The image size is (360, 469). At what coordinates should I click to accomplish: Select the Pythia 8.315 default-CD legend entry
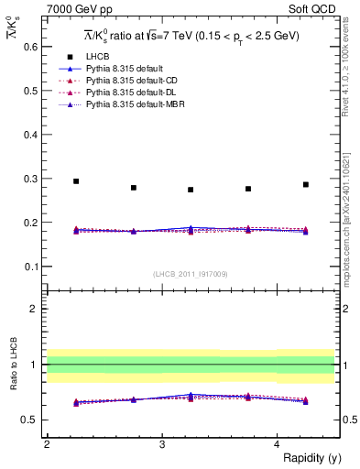tap(122, 81)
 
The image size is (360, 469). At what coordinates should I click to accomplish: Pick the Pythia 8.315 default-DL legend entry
tap(122, 93)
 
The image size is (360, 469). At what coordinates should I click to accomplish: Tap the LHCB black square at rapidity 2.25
tap(76, 181)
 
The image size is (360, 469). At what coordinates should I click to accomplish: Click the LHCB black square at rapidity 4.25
tap(306, 184)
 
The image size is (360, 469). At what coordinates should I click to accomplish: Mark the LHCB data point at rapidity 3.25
tap(191, 190)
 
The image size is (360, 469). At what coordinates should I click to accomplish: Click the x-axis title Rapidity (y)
tap(306, 458)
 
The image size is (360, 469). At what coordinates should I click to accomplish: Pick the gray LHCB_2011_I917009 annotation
tap(191, 273)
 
